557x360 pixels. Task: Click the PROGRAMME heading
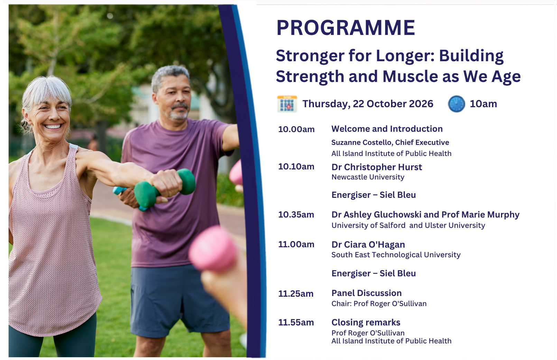pyautogui.click(x=346, y=28)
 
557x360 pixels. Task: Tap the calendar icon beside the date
pyautogui.click(x=287, y=104)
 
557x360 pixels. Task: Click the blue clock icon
pyautogui.click(x=456, y=104)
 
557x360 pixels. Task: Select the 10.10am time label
pyautogui.click(x=296, y=166)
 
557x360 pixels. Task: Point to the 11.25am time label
pyautogui.click(x=296, y=294)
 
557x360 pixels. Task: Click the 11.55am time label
pyautogui.click(x=296, y=322)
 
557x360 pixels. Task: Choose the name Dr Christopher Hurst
pyautogui.click(x=377, y=167)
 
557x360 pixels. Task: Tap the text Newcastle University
pyautogui.click(x=368, y=177)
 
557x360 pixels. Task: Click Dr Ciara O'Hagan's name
pyautogui.click(x=368, y=244)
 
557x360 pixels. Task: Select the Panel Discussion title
pyautogui.click(x=366, y=293)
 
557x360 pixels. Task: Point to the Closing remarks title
pyautogui.click(x=366, y=322)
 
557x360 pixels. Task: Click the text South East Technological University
pyautogui.click(x=396, y=255)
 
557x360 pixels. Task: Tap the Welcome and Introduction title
pyautogui.click(x=387, y=129)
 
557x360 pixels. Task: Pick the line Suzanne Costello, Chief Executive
pyautogui.click(x=390, y=142)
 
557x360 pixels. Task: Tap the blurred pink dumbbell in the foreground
pyautogui.click(x=213, y=248)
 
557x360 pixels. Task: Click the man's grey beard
pyautogui.click(x=178, y=112)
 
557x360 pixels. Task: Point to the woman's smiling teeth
pyautogui.click(x=53, y=127)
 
